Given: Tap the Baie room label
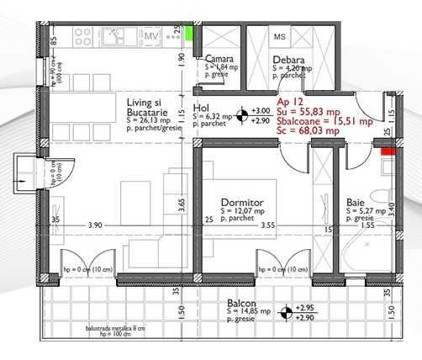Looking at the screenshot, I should coord(355,203).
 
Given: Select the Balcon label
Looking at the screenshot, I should coord(240,303).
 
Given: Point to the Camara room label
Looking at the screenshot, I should coord(221,59).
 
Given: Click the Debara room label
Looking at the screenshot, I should coord(287,59).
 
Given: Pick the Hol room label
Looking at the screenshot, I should coord(201,109).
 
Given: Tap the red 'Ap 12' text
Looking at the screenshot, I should coord(288,99).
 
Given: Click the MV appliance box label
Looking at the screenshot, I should coord(151,37).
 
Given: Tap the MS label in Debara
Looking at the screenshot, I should coord(281,37).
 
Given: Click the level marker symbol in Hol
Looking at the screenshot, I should coord(243,115).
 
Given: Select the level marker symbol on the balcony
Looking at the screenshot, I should coord(287,312).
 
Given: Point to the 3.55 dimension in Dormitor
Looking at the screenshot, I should coord(267,225).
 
